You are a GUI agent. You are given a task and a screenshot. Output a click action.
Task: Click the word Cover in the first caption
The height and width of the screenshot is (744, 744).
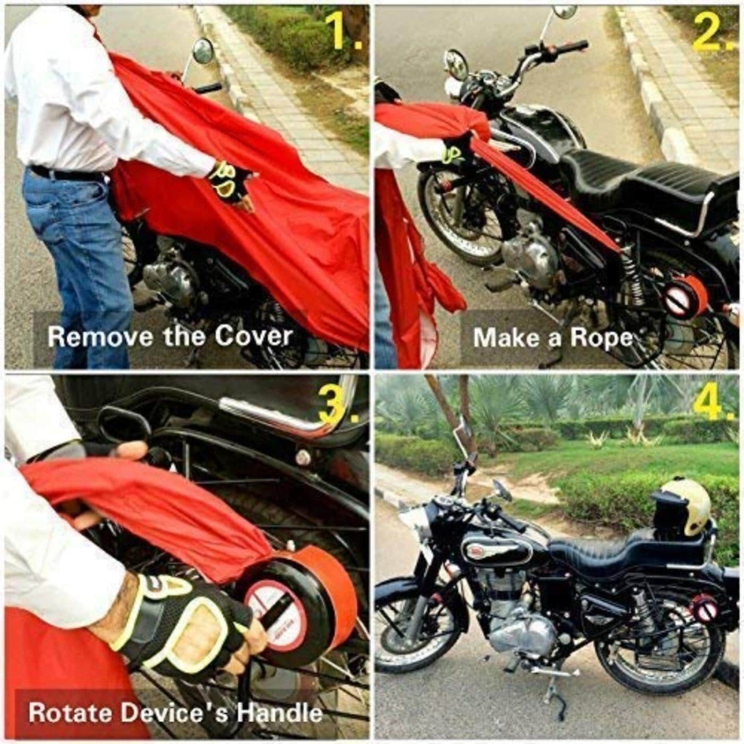[252, 336]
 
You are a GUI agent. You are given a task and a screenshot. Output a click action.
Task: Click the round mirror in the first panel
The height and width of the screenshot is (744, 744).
[203, 51]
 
